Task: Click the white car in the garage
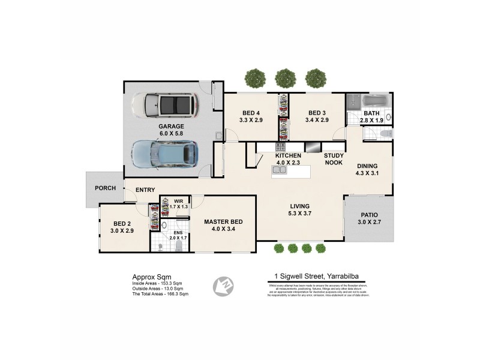point(163,106)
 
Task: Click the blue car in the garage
point(164,154)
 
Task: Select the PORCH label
point(105,188)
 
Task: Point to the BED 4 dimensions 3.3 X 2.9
point(250,120)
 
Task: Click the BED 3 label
point(316,113)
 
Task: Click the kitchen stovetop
point(280,146)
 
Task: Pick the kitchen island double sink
point(279,170)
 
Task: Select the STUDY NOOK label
point(334,159)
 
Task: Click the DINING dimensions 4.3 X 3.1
point(367,173)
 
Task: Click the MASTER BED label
point(223,221)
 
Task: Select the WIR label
point(178,201)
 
